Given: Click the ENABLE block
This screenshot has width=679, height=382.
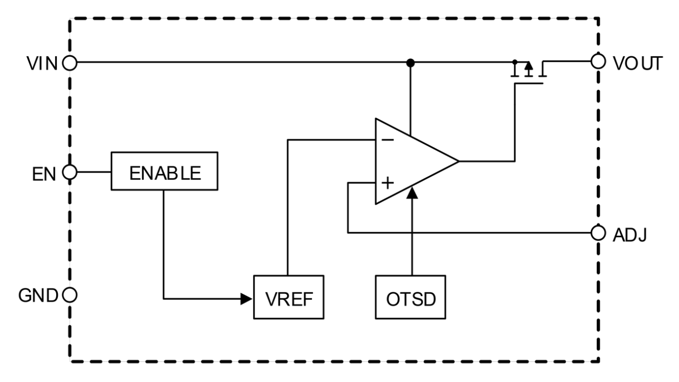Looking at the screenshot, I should tap(164, 171).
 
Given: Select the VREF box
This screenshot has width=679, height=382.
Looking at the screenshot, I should tap(289, 298).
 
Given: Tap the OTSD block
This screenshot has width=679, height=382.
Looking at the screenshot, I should tap(411, 298).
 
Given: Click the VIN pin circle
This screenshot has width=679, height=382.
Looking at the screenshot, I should tap(70, 63).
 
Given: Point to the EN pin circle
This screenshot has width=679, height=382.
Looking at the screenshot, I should tap(70, 172).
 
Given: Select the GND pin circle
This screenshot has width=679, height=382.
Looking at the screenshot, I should tap(70, 296).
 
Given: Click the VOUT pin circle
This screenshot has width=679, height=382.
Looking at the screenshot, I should tap(598, 62).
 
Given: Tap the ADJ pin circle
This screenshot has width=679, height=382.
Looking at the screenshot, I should tap(598, 233).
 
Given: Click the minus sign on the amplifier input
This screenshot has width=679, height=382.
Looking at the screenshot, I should tap(387, 140).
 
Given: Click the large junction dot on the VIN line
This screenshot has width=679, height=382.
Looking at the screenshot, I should tap(410, 63).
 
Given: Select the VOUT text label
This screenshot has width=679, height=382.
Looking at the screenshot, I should tap(636, 63).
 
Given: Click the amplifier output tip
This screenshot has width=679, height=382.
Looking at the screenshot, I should tap(458, 161).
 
